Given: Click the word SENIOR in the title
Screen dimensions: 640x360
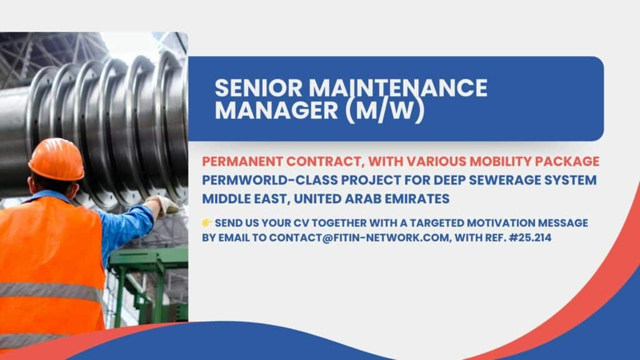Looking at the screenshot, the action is [259, 87].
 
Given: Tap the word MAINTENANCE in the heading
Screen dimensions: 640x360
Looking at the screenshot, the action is [398, 87].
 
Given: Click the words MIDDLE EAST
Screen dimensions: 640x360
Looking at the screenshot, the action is [246, 199].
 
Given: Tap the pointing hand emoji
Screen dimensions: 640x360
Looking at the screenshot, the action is [207, 222].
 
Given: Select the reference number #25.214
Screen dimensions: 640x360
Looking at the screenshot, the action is [530, 237].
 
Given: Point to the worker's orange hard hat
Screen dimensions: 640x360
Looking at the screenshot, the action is [56, 159].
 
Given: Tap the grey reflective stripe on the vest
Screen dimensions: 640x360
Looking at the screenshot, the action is [51, 291].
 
